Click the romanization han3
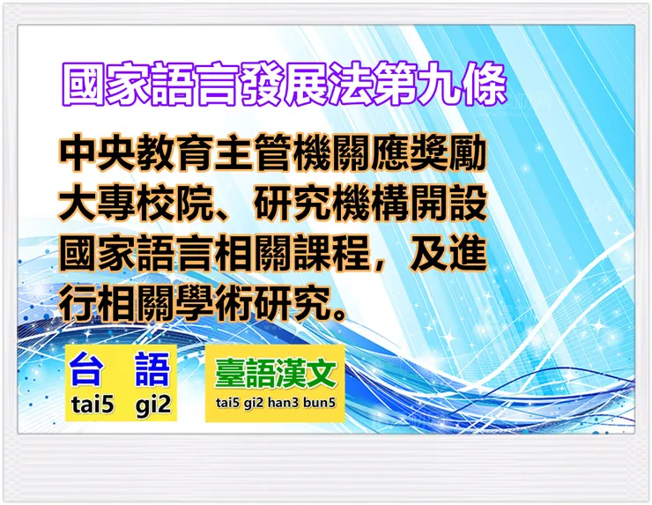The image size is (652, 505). (289, 403)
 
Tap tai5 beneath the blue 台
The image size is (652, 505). (91, 405)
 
